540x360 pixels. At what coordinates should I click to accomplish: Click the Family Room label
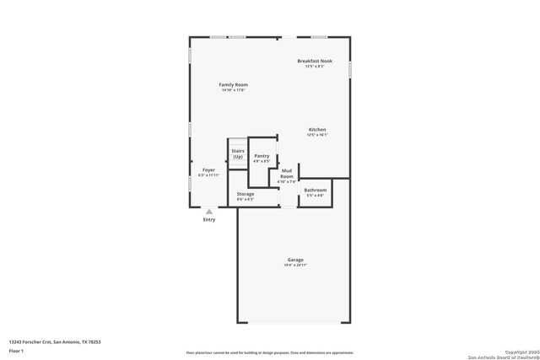pyautogui.click(x=234, y=84)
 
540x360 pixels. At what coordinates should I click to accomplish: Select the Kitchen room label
pyautogui.click(x=317, y=129)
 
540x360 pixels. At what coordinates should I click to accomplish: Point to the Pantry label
pyautogui.click(x=262, y=155)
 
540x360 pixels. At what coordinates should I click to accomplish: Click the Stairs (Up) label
pyautogui.click(x=238, y=153)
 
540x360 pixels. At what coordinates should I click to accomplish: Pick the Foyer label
pyautogui.click(x=208, y=169)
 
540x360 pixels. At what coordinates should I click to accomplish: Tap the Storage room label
pyautogui.click(x=246, y=194)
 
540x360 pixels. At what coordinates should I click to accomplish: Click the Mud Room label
pyautogui.click(x=287, y=173)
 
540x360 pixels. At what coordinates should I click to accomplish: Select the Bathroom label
pyautogui.click(x=315, y=190)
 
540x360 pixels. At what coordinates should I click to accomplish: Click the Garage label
pyautogui.click(x=295, y=260)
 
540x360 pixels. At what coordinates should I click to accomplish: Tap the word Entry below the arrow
pyautogui.click(x=209, y=220)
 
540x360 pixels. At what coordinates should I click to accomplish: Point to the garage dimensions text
pyautogui.click(x=295, y=266)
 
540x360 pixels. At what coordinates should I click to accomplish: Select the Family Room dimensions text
pyautogui.click(x=234, y=90)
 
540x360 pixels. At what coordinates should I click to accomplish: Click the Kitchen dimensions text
pyautogui.click(x=317, y=135)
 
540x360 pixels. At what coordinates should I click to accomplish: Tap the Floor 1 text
pyautogui.click(x=17, y=350)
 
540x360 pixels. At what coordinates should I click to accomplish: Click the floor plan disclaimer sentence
pyautogui.click(x=270, y=352)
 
